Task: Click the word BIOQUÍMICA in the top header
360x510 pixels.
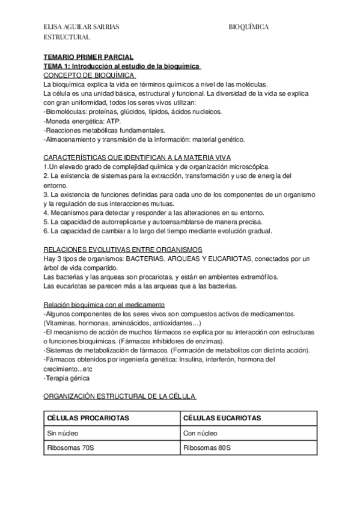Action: [x=248, y=27]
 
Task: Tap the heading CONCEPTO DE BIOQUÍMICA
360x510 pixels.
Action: [x=89, y=76]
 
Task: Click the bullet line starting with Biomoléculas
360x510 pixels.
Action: [x=133, y=111]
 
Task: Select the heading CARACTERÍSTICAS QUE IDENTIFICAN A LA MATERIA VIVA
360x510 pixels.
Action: [x=137, y=157]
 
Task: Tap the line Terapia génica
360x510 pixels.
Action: [x=67, y=378]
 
